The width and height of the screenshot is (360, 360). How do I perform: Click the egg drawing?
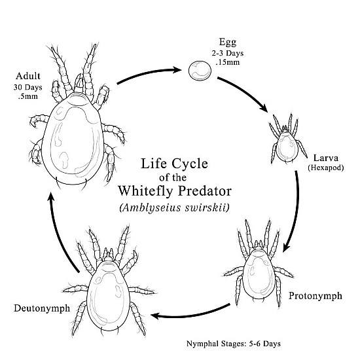coord(200,71)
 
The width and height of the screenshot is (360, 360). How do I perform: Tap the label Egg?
coord(228,43)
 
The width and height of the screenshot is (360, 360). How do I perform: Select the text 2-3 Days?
coord(228,54)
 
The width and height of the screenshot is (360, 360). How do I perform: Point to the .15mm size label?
coord(228,62)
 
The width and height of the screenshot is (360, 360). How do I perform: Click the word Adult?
coord(28,76)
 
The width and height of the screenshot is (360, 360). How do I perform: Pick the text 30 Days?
coord(27,88)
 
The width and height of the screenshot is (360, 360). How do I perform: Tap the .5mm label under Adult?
coord(27,96)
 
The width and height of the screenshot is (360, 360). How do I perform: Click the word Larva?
coord(326,158)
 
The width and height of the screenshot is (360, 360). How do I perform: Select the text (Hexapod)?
coord(326,168)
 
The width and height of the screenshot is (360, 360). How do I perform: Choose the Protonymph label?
coord(315,296)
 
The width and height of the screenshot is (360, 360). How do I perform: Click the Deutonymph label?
coord(42,308)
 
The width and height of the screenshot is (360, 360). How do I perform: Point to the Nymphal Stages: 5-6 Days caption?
coord(233,344)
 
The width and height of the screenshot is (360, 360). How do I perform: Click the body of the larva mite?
coord(287,146)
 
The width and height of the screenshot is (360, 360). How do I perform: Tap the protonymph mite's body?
coord(259,275)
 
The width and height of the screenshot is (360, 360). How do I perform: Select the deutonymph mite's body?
coord(108,296)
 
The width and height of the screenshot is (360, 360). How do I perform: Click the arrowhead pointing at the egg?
coord(177,70)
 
